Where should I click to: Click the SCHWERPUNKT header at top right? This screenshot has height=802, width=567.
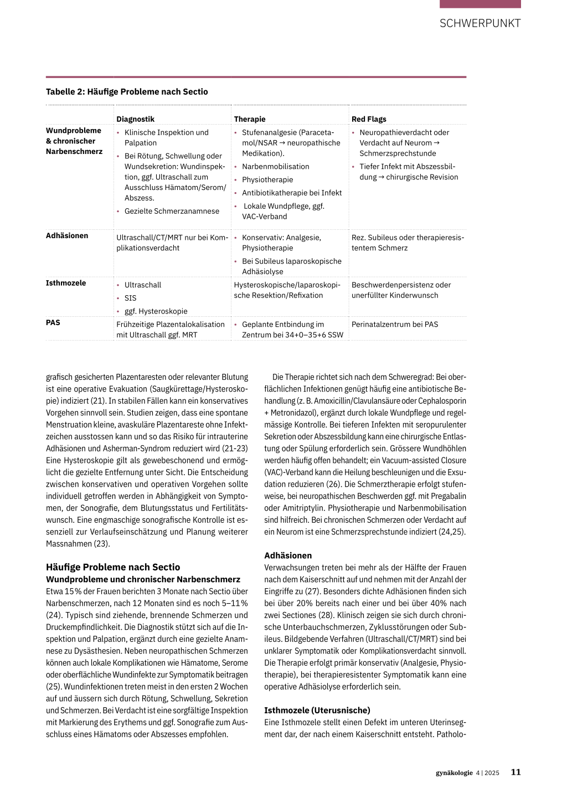pos(480,23)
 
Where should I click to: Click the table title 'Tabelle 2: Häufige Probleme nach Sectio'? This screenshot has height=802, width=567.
pos(127,92)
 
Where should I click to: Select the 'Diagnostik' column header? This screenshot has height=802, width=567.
pos(135,119)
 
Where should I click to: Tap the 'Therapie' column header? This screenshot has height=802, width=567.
pos(250,119)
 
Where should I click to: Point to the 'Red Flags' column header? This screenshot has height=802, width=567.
pos(369,119)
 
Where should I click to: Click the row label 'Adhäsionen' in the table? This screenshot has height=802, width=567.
pos(67,236)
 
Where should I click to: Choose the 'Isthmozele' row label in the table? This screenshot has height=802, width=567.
pos(66,283)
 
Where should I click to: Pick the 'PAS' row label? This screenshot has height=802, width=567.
pos(53,322)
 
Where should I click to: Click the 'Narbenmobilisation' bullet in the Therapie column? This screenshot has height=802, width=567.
pos(275,167)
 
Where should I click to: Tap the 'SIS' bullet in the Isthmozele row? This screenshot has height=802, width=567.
pos(130,298)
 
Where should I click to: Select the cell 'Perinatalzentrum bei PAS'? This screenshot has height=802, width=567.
pos(395,325)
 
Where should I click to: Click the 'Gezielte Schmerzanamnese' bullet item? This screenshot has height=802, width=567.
pos(172,211)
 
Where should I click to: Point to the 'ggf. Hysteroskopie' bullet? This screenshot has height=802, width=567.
pos(156,311)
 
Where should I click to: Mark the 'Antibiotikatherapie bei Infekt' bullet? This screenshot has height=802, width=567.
pos(292,193)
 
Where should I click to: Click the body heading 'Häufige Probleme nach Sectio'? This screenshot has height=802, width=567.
pos(113,567)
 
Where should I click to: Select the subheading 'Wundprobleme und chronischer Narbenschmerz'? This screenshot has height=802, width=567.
pos(143,579)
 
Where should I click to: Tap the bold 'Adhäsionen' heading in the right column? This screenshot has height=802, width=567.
pos(288,556)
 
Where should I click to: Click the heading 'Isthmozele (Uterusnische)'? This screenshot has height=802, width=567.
pos(317,710)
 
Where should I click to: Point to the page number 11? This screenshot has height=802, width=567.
pos(516,772)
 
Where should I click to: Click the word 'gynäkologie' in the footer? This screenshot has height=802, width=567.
pos(454,773)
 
